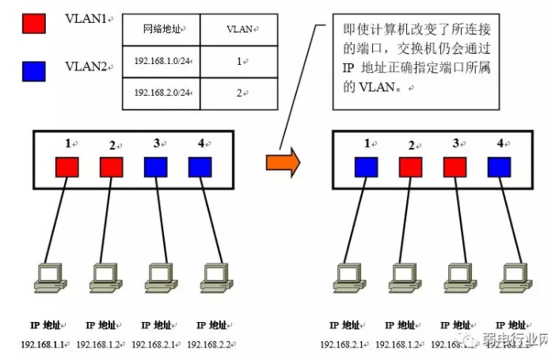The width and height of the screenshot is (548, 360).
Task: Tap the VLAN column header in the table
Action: coord(239,28)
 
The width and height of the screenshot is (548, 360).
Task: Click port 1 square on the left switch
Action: coord(67,167)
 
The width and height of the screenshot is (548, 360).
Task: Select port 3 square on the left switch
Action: coord(156,167)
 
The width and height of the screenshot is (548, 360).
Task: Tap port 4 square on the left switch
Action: coord(200,167)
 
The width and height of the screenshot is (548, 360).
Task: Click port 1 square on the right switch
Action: coord(366,167)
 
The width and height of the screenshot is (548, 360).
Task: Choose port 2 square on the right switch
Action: coord(410,167)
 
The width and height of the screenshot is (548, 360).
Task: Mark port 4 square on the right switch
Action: coord(499,167)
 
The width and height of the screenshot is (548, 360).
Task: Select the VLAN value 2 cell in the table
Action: coord(239,93)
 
